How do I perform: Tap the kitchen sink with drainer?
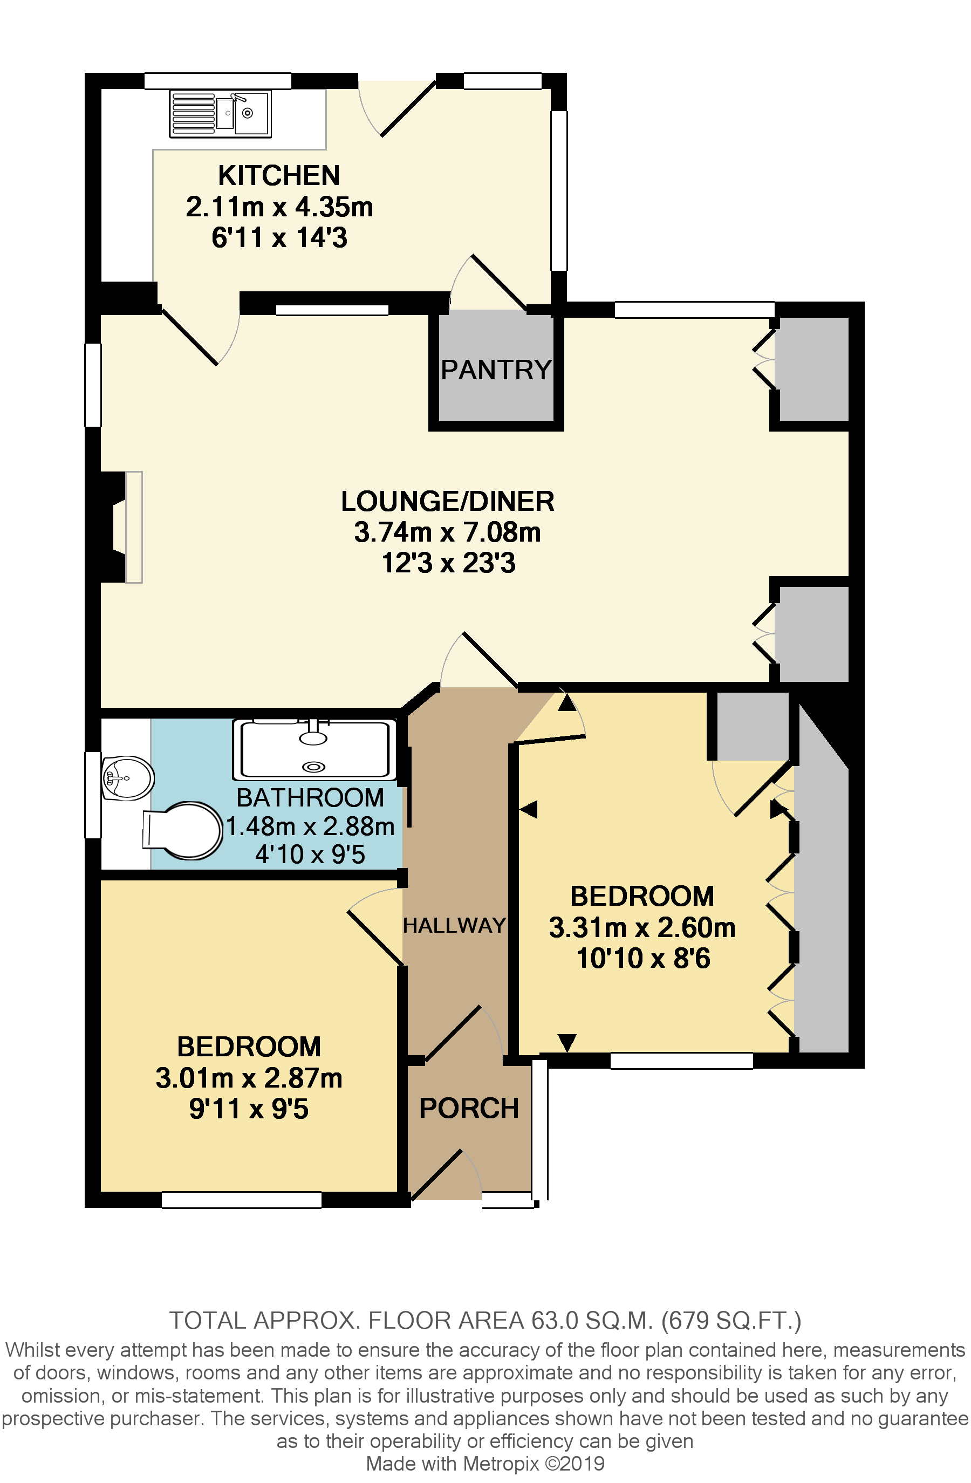click(x=220, y=113)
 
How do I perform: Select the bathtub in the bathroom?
click(x=314, y=750)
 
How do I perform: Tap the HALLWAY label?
click(x=454, y=926)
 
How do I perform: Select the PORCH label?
click(x=469, y=1109)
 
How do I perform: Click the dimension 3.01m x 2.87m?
click(x=249, y=1078)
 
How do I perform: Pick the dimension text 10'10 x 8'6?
click(x=642, y=958)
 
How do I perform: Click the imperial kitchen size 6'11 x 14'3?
click(x=279, y=238)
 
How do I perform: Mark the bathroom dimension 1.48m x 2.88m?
click(x=310, y=827)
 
